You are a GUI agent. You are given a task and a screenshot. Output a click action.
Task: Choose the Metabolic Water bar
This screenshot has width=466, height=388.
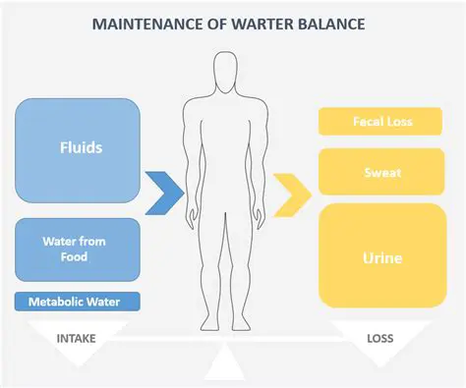(79, 301)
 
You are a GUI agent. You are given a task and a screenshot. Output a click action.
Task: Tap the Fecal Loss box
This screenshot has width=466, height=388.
(382, 122)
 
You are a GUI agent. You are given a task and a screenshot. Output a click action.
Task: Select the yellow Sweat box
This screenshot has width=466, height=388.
(382, 173)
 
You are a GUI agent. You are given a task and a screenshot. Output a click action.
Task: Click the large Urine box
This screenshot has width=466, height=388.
(382, 257)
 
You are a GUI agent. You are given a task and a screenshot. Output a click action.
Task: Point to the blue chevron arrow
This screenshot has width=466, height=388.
(164, 193)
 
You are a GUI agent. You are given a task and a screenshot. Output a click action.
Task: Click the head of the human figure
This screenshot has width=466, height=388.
(227, 71)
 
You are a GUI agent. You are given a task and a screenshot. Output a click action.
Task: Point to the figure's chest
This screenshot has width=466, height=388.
(227, 123)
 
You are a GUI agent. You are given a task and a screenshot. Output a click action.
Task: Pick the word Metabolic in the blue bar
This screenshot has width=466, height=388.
(62, 301)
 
